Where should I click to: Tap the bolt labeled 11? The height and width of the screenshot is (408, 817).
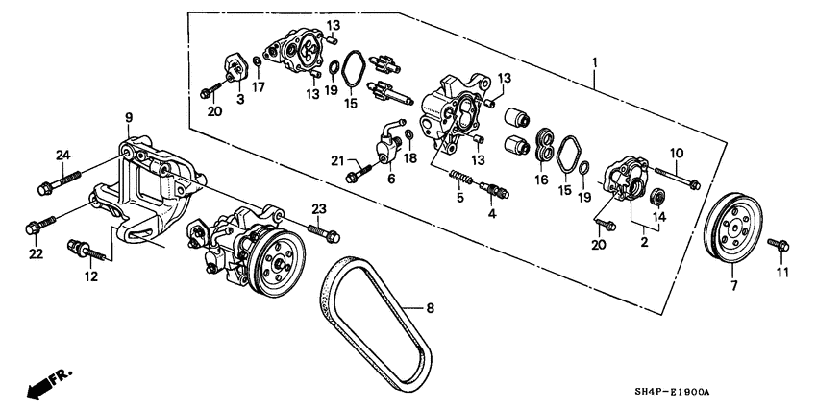coord(781,247)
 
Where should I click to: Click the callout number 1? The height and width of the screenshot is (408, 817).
coord(595,62)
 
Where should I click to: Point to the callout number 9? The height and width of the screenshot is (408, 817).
coord(128,118)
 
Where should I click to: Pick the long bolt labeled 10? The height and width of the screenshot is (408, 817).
coord(678,177)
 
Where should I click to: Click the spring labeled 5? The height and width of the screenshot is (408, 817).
coord(462,177)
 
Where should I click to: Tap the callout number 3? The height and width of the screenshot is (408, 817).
coord(239,99)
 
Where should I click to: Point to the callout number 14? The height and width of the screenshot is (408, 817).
coord(657,218)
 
